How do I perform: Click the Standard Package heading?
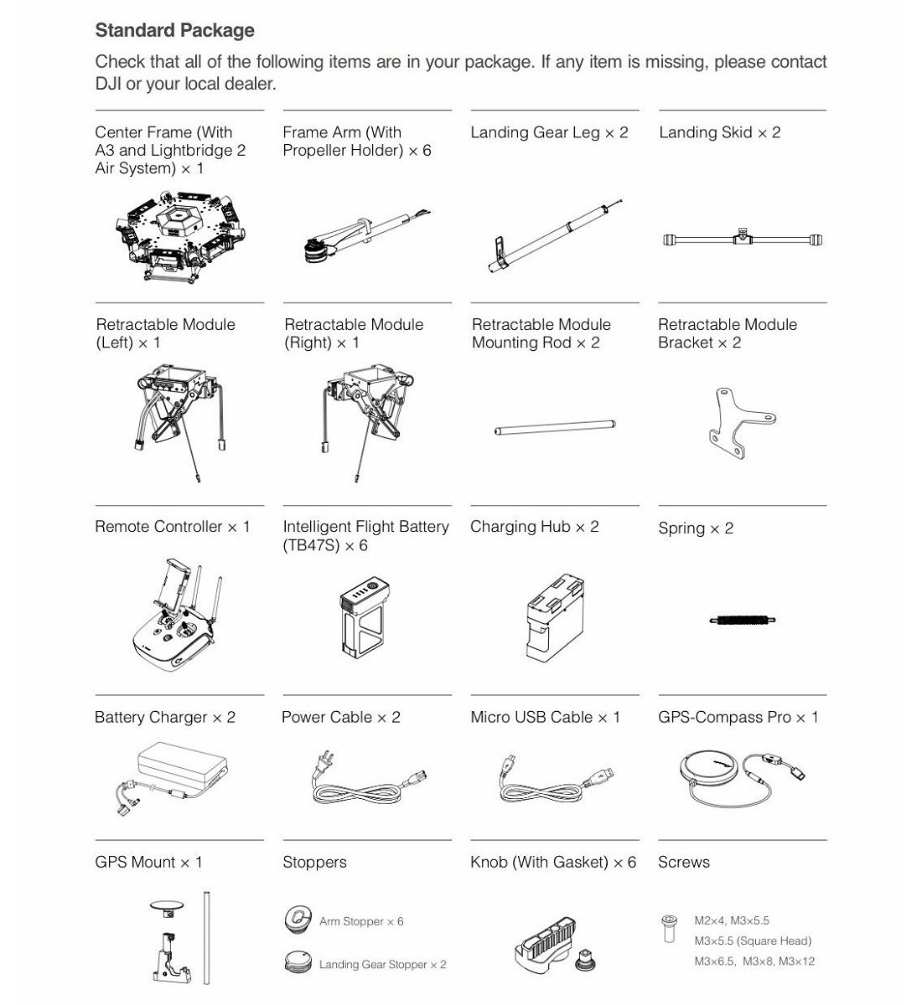pos(174,30)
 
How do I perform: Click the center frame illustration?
pos(180,236)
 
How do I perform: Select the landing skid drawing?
pos(743,238)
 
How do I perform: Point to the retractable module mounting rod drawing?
pos(555,427)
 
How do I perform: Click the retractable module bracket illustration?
pos(742,423)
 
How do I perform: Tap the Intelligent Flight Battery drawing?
pos(365,617)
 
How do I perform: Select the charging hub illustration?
pos(555,617)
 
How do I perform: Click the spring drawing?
pos(743,621)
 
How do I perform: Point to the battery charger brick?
pos(183,765)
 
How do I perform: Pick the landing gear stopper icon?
pos(298,961)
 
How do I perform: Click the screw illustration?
pos(669,928)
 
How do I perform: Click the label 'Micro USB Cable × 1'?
pos(545,717)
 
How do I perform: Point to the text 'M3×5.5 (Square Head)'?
pos(753,941)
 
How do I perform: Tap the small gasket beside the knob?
pos(584,960)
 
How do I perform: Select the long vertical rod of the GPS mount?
pos(206,938)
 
